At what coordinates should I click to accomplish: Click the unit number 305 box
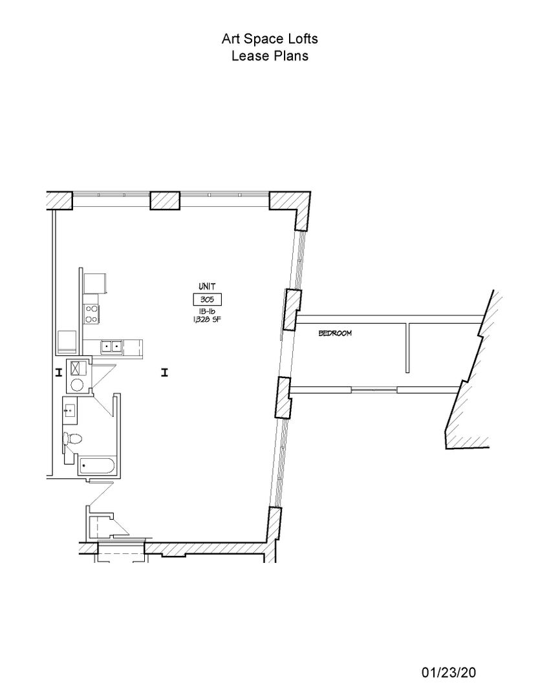(x=207, y=300)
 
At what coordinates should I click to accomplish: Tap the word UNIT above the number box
(x=207, y=287)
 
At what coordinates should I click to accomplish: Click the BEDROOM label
(x=335, y=333)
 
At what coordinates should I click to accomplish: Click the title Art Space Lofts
(x=270, y=39)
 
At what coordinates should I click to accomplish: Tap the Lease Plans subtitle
(x=270, y=56)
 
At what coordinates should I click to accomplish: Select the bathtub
(x=97, y=465)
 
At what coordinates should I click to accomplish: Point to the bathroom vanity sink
(x=70, y=411)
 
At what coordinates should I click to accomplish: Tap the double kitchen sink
(x=112, y=346)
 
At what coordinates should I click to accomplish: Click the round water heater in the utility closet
(x=77, y=384)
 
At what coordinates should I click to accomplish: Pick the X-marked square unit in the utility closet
(x=77, y=368)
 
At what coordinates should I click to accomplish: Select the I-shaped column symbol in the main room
(x=164, y=372)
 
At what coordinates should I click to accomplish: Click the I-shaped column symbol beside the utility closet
(x=58, y=372)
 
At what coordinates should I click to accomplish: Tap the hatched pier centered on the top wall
(x=165, y=200)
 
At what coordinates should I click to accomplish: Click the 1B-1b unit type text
(x=207, y=312)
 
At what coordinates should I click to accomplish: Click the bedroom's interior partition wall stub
(x=407, y=348)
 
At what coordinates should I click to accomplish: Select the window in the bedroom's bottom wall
(x=374, y=390)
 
